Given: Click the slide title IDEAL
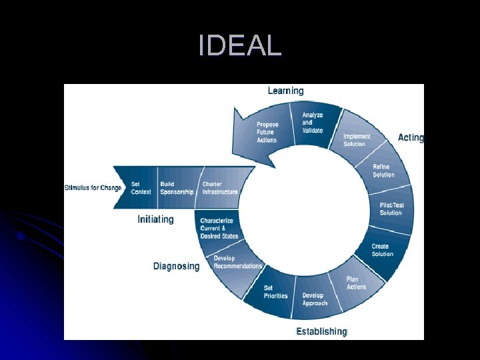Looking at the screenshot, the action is point(240,46).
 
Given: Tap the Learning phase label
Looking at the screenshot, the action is point(285,91).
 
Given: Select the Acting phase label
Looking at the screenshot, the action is point(411,137).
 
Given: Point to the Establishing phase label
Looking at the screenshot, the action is point(321,331).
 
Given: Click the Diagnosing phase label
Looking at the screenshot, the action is point(176,266).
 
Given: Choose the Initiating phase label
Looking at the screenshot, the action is point(155,219).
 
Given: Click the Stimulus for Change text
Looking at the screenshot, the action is point(93,188).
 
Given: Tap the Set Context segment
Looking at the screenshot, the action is point(141,187).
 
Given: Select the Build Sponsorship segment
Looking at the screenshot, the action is point(177,187).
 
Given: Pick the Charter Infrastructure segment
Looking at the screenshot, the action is point(221,187).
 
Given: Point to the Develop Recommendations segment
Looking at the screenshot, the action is point(236,262).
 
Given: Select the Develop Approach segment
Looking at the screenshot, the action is point(315,299).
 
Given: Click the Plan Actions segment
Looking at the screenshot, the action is point(357,283).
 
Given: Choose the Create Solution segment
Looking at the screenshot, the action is point(383,250).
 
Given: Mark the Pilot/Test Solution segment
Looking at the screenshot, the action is point(391,209).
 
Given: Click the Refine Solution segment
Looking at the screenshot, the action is point(383,171).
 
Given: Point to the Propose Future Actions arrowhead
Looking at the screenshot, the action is point(260,131).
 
